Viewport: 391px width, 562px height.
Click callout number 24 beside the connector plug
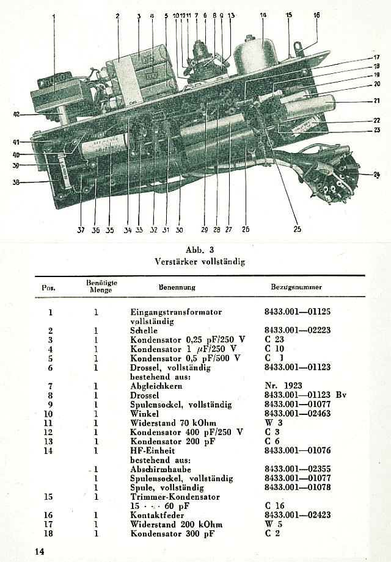[377, 175]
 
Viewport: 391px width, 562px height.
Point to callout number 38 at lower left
[16, 182]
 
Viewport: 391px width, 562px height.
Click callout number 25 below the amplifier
[298, 229]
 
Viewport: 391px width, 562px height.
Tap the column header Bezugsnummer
[296, 286]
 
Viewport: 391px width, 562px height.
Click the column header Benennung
[177, 286]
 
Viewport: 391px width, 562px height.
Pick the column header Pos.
[49, 287]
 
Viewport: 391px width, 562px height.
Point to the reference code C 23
[274, 339]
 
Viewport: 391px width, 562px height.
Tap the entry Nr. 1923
[284, 386]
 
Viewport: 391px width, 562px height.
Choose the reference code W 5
[272, 524]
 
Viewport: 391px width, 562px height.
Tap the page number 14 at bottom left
[40, 551]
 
